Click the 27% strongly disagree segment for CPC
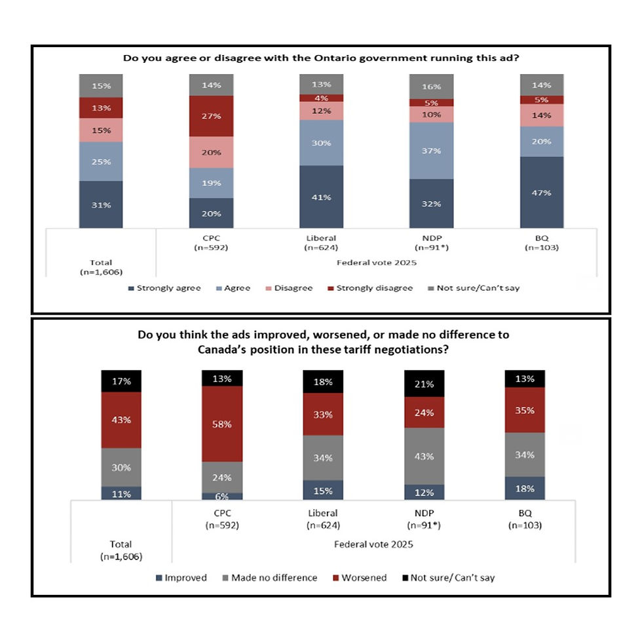[x=211, y=116]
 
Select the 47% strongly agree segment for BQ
[x=541, y=193]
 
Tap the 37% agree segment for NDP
[x=431, y=150]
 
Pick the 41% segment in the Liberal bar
[x=321, y=197]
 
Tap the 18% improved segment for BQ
[x=525, y=488]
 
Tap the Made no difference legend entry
[x=269, y=578]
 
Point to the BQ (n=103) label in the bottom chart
[x=525, y=519]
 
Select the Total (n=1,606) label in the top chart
[x=101, y=267]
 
